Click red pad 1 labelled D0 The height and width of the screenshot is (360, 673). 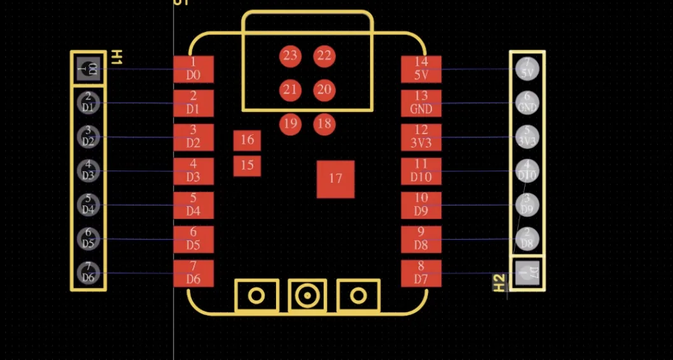tap(193, 69)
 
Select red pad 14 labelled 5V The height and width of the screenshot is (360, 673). tap(420, 69)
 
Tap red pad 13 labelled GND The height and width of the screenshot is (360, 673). tap(420, 103)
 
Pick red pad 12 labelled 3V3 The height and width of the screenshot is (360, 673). tap(420, 137)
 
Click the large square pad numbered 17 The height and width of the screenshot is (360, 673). tap(335, 179)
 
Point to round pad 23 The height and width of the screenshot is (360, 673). tap(290, 55)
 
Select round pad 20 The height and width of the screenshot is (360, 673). tap(324, 90)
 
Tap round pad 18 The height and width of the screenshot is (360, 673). tap(324, 123)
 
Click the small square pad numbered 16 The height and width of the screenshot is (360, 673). tap(247, 140)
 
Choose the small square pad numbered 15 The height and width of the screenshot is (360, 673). tap(247, 166)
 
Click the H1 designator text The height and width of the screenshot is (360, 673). tap(116, 57)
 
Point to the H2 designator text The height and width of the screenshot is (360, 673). tap(499, 282)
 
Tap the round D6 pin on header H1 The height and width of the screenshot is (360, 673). tap(88, 273)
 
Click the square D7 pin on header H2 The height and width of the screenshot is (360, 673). tap(527, 273)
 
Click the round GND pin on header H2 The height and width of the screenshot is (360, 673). tap(527, 103)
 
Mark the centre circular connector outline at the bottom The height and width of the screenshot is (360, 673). tap(307, 295)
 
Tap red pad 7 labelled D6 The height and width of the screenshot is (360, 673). tap(193, 273)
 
